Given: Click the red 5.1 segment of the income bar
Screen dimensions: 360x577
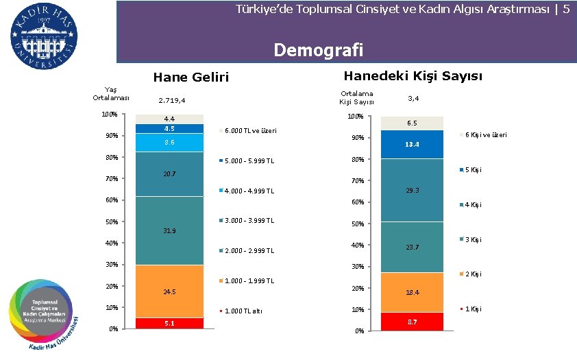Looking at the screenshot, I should click(169, 323).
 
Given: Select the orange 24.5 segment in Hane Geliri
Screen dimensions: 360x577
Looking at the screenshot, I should click(169, 291).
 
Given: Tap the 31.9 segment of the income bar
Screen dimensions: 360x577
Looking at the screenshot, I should click(169, 230).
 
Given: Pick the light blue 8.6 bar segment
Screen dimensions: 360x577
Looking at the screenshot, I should click(169, 143).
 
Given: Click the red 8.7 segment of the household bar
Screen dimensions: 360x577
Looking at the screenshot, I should click(412, 321).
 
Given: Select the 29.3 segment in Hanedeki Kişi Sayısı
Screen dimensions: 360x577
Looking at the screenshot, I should click(412, 190).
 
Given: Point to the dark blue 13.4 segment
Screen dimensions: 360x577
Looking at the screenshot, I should click(412, 145).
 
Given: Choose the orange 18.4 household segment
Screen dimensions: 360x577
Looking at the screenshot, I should click(412, 292).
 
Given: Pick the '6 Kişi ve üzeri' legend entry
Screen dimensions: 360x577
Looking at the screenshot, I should click(485, 135).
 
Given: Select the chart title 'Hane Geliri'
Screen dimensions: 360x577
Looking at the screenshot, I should click(191, 77).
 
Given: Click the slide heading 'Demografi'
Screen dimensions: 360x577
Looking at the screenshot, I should click(317, 50).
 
